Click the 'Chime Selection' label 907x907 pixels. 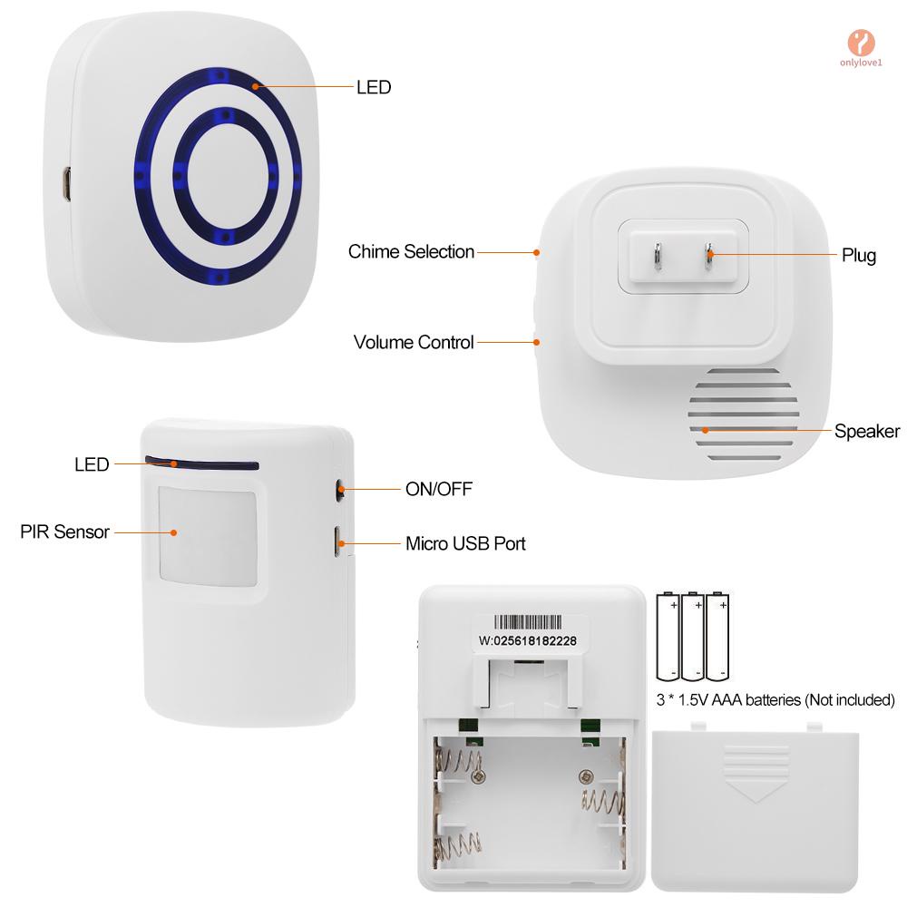tap(411, 252)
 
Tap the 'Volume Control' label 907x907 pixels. tap(414, 343)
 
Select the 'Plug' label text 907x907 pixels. tap(858, 255)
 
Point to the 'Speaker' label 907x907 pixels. tap(867, 431)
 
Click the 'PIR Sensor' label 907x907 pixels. tap(64, 532)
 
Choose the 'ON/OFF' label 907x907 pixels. tap(438, 490)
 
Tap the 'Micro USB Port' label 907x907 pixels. tap(465, 544)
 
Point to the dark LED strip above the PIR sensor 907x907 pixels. tap(200, 464)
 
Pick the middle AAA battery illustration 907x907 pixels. tap(694, 635)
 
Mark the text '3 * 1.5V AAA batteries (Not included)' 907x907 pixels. tap(775, 699)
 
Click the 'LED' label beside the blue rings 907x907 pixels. tap(373, 87)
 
